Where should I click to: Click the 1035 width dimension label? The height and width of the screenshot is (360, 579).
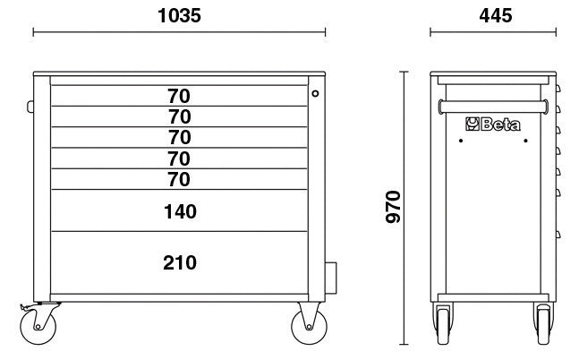[179, 15]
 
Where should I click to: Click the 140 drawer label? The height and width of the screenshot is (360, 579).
[180, 212]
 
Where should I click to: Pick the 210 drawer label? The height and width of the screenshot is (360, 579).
[180, 262]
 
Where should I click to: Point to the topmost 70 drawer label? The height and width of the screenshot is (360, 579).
[179, 95]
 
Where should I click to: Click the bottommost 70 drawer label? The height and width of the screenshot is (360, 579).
[179, 179]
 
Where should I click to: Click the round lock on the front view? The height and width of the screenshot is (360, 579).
[315, 92]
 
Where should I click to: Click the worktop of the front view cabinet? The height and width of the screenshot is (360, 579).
[179, 75]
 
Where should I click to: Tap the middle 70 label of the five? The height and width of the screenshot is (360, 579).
[179, 137]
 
